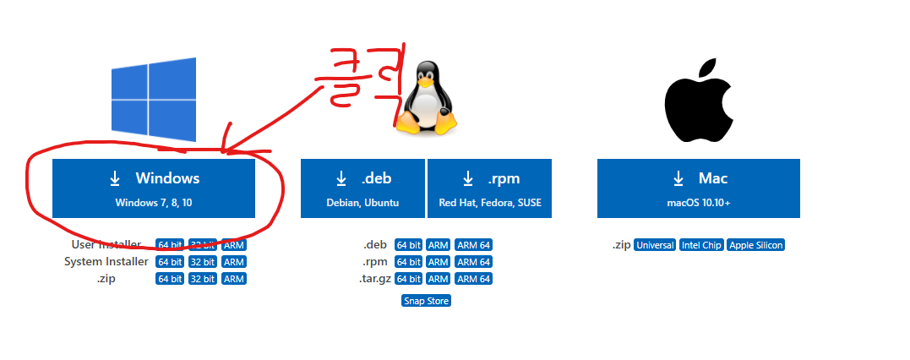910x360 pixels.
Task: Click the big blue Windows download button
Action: [153, 187]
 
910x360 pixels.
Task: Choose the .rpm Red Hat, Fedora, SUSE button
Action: [489, 187]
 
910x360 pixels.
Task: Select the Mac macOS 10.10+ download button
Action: [698, 187]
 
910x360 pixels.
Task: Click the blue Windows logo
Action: [154, 100]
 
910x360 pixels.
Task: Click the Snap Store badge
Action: [426, 301]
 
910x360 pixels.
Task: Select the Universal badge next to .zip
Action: [655, 245]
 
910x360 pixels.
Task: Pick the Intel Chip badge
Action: [700, 245]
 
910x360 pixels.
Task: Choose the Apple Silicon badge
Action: [755, 245]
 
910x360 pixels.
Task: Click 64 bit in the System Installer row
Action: [170, 262]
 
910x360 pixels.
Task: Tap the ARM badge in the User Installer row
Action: [234, 245]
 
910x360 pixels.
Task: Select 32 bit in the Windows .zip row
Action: [203, 279]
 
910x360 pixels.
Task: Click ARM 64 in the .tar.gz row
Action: [473, 279]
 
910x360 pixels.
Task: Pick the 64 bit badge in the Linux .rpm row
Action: [409, 262]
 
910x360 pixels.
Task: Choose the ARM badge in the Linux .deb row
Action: [438, 245]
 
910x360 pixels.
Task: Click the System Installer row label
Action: [106, 262]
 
